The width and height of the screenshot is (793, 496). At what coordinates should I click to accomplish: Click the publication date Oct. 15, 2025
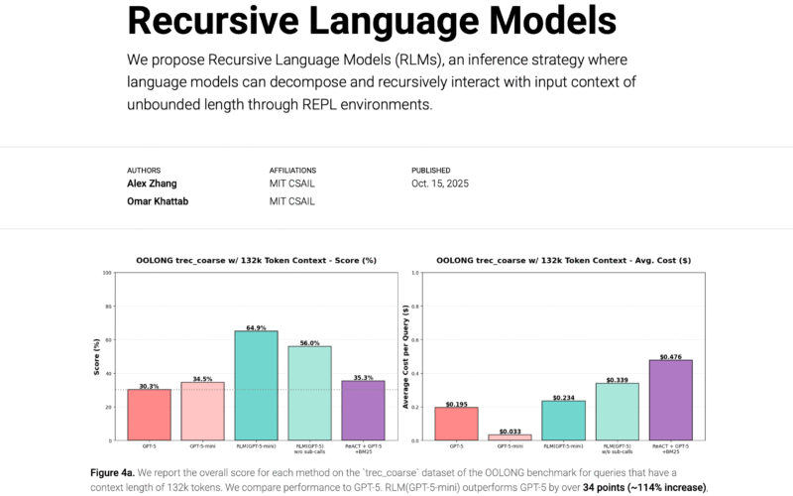(440, 184)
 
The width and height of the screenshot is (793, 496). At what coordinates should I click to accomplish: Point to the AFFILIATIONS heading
(294, 170)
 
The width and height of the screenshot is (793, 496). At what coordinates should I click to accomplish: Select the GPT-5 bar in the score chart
(149, 414)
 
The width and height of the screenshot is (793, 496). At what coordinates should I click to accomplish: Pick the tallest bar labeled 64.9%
(256, 385)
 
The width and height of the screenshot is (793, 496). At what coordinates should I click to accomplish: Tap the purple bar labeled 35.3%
(363, 410)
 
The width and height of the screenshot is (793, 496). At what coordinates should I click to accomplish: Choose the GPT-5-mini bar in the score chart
(202, 411)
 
